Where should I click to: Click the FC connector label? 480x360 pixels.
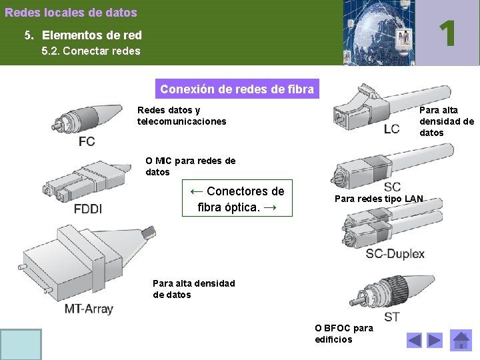[x=87, y=141]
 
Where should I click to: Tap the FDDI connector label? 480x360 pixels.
[x=88, y=209]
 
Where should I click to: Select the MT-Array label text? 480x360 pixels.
[x=89, y=309]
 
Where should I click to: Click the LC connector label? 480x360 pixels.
[x=391, y=129]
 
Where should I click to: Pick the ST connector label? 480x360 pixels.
[x=392, y=316]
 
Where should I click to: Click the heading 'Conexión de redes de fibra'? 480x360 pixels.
[x=237, y=89]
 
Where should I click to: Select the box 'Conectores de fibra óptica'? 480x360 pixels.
[x=237, y=199]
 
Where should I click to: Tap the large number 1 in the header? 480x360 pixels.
[x=448, y=33]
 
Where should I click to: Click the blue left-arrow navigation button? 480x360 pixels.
[x=415, y=341]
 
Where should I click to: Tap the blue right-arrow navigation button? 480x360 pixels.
[x=435, y=341]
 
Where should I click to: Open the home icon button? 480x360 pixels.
[x=461, y=341]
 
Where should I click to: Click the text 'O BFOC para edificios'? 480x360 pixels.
[x=344, y=333]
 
